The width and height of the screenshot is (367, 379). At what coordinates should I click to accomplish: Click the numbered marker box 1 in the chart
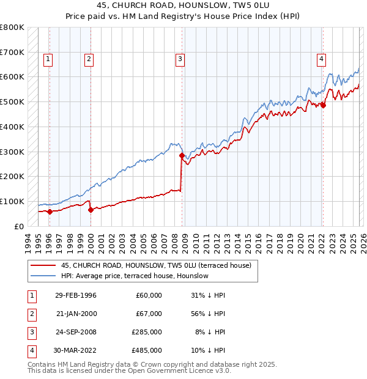click(x=48, y=59)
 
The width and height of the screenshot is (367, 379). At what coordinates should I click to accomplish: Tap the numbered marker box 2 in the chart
click(x=89, y=59)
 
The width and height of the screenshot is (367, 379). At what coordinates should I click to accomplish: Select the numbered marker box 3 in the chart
click(x=180, y=59)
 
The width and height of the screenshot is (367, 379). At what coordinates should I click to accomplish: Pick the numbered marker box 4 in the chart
click(x=321, y=59)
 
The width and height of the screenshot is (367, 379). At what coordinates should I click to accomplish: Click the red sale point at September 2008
click(x=182, y=155)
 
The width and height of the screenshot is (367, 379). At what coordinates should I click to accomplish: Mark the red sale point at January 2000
click(x=91, y=210)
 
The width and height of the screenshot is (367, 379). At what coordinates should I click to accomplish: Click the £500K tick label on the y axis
click(x=12, y=102)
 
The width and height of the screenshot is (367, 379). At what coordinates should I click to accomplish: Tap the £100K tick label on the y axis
click(x=12, y=201)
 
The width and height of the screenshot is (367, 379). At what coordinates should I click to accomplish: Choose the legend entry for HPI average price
click(x=135, y=276)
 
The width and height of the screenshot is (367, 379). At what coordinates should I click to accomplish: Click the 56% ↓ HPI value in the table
click(x=210, y=313)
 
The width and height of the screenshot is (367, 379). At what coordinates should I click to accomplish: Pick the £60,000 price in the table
click(x=149, y=295)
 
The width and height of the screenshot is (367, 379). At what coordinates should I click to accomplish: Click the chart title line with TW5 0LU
click(x=183, y=6)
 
